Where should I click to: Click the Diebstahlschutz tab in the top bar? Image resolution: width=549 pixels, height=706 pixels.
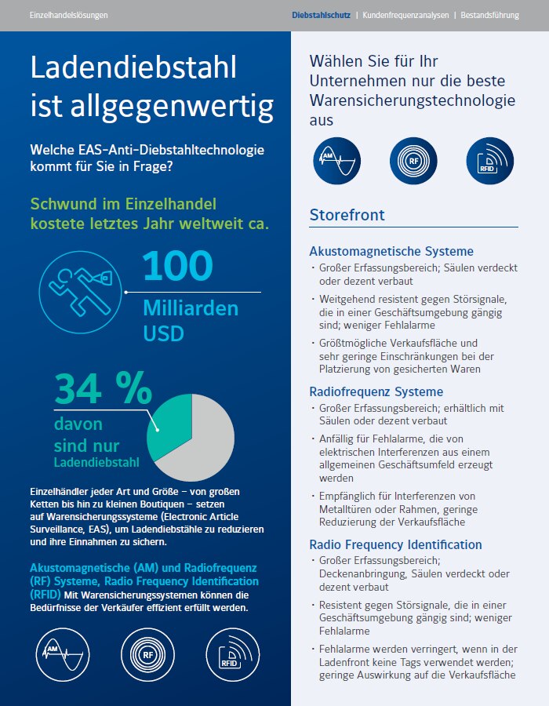(321, 15)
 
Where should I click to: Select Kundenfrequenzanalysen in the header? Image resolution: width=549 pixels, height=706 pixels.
(405, 15)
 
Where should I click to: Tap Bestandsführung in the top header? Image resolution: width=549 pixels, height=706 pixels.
(489, 15)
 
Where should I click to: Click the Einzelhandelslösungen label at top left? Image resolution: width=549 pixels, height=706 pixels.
(68, 15)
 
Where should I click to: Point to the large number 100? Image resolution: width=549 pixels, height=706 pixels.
(178, 266)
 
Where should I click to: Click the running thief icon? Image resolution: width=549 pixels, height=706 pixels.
(80, 292)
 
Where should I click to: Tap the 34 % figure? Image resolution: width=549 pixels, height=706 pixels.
(104, 388)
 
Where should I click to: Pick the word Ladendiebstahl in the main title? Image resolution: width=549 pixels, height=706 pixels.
(133, 67)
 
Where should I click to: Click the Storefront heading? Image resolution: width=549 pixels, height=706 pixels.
(347, 215)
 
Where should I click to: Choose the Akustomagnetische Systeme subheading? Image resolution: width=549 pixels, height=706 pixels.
(391, 251)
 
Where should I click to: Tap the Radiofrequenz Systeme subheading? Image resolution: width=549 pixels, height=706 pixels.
(376, 391)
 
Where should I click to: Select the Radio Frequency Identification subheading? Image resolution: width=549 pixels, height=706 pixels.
(395, 544)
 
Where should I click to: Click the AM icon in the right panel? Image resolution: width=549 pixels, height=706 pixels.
(336, 161)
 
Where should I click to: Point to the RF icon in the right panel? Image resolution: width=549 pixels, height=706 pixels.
(413, 161)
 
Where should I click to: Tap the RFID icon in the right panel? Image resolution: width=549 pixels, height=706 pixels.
(489, 161)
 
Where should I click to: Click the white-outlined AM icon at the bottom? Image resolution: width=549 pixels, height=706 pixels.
(63, 655)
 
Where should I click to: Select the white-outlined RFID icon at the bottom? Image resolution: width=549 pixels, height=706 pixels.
(233, 655)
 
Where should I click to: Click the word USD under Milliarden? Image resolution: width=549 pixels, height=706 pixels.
(163, 333)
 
